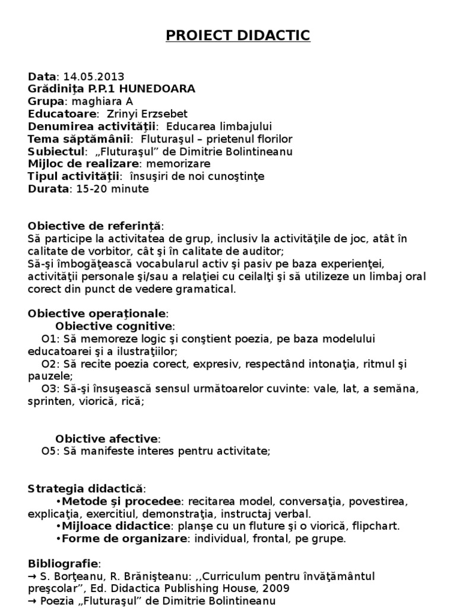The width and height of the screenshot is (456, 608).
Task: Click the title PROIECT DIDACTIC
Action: pyautogui.click(x=237, y=36)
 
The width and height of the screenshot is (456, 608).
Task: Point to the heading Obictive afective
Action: pyautogui.click(x=107, y=439)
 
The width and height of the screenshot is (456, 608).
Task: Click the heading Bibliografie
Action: pyautogui.click(x=65, y=563)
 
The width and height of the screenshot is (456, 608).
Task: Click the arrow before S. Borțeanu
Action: pyautogui.click(x=33, y=576)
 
